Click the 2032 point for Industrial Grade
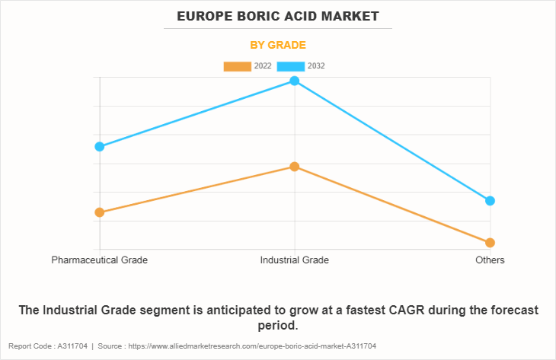tap(295, 81)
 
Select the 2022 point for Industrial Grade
tap(295, 167)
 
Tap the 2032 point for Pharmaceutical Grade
tap(100, 146)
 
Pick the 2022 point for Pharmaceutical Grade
tap(100, 212)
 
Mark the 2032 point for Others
tap(490, 201)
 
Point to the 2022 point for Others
tap(490, 243)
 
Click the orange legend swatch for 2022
tap(237, 66)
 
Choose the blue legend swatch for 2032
tap(291, 66)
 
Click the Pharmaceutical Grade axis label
tap(100, 260)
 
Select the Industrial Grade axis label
tap(295, 260)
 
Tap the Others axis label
tap(490, 260)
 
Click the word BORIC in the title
tap(258, 16)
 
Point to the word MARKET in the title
tap(351, 16)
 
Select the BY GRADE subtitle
tap(278, 45)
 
